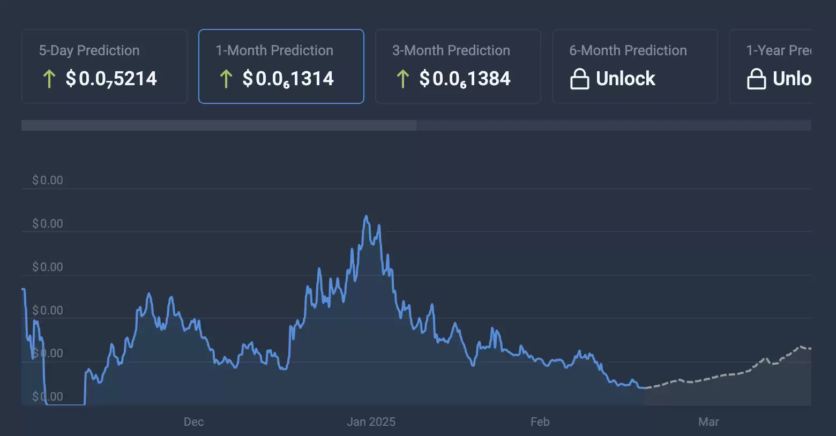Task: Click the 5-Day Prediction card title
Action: point(89,50)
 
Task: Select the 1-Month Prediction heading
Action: point(274,50)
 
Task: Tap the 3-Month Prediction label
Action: point(451,50)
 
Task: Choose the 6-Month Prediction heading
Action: point(628,50)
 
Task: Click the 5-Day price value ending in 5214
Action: point(111,79)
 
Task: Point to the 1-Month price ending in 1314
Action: point(288,79)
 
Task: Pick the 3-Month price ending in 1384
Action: point(465,79)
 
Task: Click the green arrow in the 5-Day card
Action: point(49,79)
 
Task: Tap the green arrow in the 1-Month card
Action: point(226,79)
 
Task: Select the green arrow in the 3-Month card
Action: point(402,79)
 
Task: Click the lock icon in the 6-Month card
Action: point(579,79)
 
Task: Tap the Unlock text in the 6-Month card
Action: point(625,79)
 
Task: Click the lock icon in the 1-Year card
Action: point(756,79)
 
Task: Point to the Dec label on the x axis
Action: point(193,422)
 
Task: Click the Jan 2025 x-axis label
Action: point(371,422)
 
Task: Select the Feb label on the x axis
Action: point(540,422)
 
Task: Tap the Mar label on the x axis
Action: point(708,422)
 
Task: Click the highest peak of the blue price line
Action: point(367,216)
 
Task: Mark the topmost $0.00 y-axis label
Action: point(48,181)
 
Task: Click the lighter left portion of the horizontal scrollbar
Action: point(219,125)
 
